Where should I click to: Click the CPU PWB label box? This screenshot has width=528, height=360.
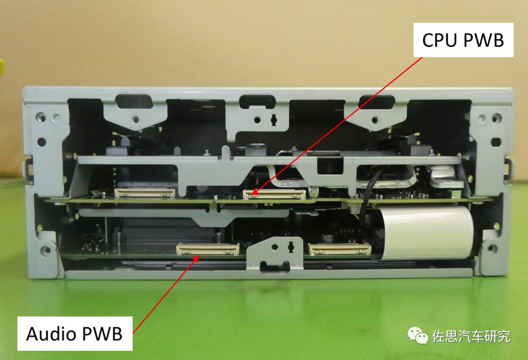pos(463,40)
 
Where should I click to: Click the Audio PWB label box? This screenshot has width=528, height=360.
pos(75,333)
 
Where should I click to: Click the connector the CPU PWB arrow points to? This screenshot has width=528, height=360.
pos(274,194)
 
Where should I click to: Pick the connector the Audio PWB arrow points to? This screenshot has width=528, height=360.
pos(208,249)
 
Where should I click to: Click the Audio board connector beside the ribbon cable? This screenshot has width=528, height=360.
pos(340,249)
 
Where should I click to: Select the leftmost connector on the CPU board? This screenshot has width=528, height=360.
pos(145,193)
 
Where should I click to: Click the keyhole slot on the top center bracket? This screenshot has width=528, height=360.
pos(274,120)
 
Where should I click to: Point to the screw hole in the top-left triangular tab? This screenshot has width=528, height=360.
pos(136,119)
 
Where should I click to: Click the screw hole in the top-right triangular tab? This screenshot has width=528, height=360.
pos(374,120)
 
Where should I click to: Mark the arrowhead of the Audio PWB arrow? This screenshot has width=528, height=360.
pos(197,258)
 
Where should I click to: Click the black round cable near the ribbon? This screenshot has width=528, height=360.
pos(368,195)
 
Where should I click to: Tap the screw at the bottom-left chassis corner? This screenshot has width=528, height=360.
pos(45,250)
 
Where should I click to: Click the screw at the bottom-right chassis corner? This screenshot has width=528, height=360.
pos(492,249)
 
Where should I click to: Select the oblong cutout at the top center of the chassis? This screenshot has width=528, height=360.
pos(257,102)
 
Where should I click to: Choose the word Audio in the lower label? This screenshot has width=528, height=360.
pos(51,334)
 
